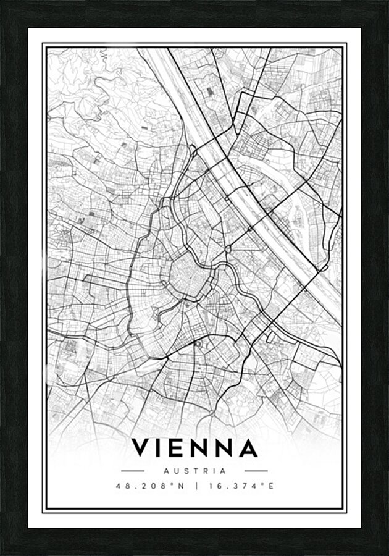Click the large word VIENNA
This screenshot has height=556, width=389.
(x=194, y=448)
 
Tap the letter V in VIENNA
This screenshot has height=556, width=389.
(x=141, y=448)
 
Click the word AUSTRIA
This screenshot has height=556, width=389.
(x=194, y=471)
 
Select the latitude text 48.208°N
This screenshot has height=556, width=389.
(x=150, y=486)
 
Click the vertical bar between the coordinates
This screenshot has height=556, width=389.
(x=196, y=486)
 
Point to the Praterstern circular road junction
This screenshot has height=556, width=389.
(x=228, y=249)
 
